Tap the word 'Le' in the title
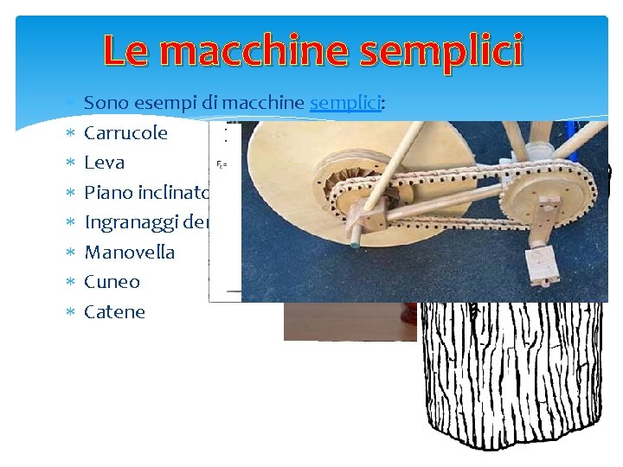(x=127, y=52)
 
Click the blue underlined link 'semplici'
(x=345, y=103)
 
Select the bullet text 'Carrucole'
(x=125, y=133)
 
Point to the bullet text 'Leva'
(x=104, y=163)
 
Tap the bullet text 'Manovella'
(x=129, y=253)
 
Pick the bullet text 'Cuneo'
(x=112, y=282)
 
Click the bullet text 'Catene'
(x=114, y=312)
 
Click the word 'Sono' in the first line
(x=105, y=103)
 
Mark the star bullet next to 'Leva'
(x=71, y=163)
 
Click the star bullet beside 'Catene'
(x=71, y=312)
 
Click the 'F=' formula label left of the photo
(x=222, y=163)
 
